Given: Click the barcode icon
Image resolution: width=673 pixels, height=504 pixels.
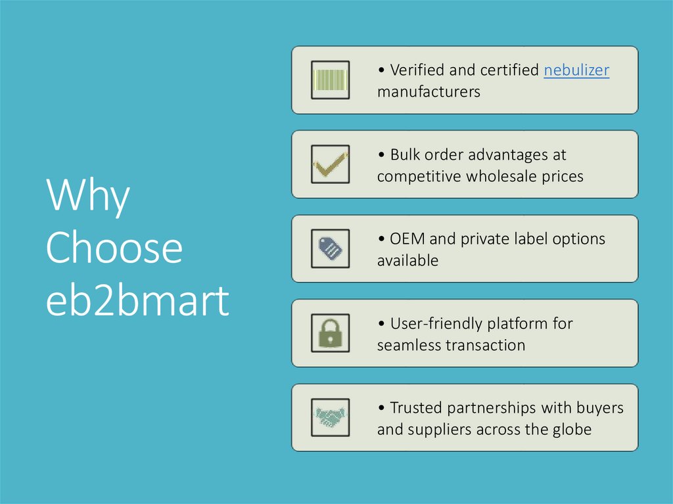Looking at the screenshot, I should tap(330, 80).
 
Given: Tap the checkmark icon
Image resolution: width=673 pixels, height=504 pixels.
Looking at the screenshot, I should tap(330, 164).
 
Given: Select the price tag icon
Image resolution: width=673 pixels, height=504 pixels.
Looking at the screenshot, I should tap(330, 248).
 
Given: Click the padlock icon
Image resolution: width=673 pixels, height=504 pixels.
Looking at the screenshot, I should tap(330, 332).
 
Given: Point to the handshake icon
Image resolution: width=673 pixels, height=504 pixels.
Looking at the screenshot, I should tap(330, 417).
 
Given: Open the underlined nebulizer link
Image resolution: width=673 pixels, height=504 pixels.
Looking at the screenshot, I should tap(576, 70).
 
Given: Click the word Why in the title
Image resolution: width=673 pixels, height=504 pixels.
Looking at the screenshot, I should tap(87, 196).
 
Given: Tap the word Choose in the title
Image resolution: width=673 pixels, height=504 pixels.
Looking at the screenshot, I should tap(114, 249).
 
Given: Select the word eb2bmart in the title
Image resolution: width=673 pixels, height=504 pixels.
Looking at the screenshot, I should tap(137, 302).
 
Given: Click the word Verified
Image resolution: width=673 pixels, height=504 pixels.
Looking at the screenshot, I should tap(417, 70).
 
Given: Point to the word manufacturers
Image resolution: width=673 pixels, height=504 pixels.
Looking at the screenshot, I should tap(429, 92).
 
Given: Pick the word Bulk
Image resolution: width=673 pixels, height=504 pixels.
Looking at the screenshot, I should tap(404, 155).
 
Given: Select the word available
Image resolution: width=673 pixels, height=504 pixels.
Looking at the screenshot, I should tap(407, 261).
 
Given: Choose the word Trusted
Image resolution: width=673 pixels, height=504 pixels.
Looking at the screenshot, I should tap(416, 408).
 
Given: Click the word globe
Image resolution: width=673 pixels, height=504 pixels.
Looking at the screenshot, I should tap(572, 430).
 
